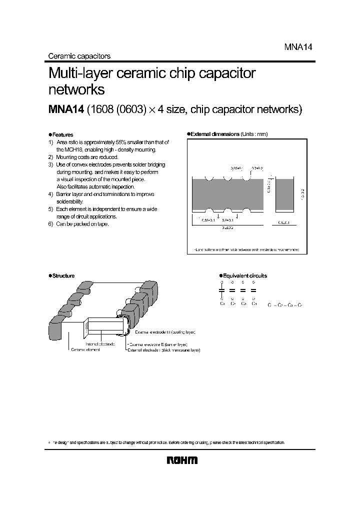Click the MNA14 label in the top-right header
click(298, 46)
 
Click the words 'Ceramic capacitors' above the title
click(78, 56)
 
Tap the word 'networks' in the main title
click(76, 90)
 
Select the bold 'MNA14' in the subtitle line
click(65, 110)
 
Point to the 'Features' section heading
click(62, 134)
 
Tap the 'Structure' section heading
click(63, 275)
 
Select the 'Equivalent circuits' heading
click(244, 275)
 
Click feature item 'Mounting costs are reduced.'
click(87, 157)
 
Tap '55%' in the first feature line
click(134, 142)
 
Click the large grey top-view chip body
click(228, 194)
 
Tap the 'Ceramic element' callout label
click(85, 349)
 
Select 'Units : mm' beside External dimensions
click(254, 134)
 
